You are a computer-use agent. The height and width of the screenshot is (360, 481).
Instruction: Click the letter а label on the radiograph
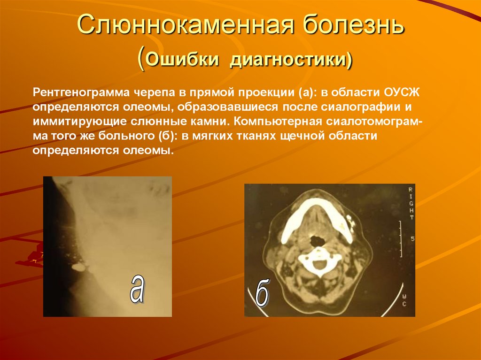click(x=137, y=287)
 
